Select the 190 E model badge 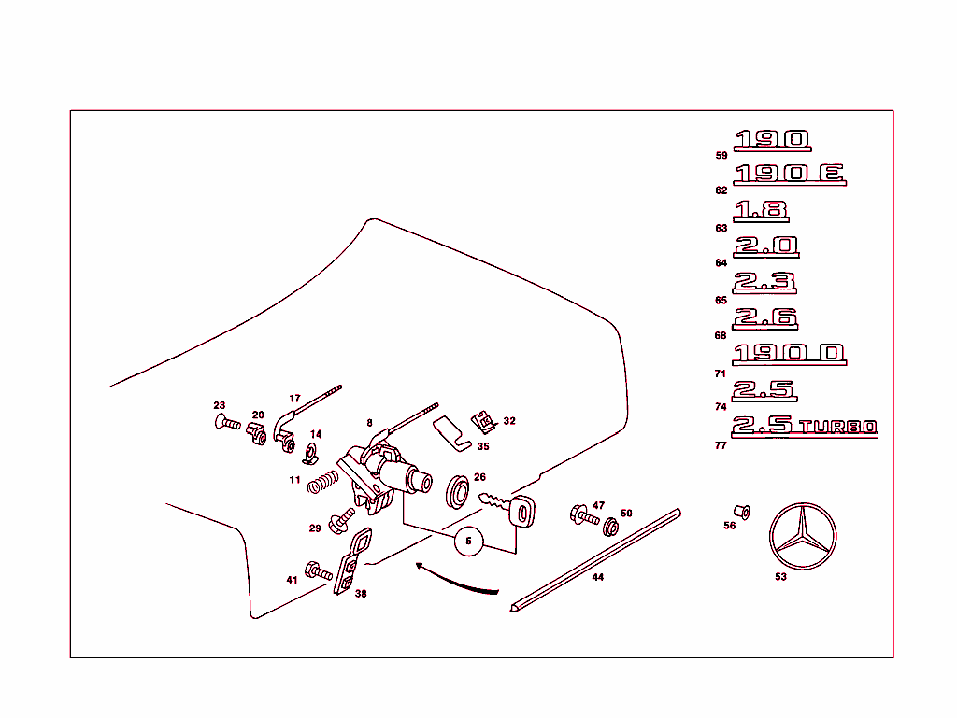pos(790,174)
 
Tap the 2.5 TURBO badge pos(805,427)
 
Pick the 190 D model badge pos(789,354)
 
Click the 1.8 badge pos(761,211)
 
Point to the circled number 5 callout pos(469,540)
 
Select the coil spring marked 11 pos(322,483)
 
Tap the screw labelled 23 pos(228,424)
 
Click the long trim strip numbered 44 pos(595,560)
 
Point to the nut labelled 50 pos(609,527)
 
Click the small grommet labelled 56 pos(741,512)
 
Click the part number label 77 pos(721,445)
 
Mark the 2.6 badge pos(764,317)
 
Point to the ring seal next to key pos(459,492)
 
